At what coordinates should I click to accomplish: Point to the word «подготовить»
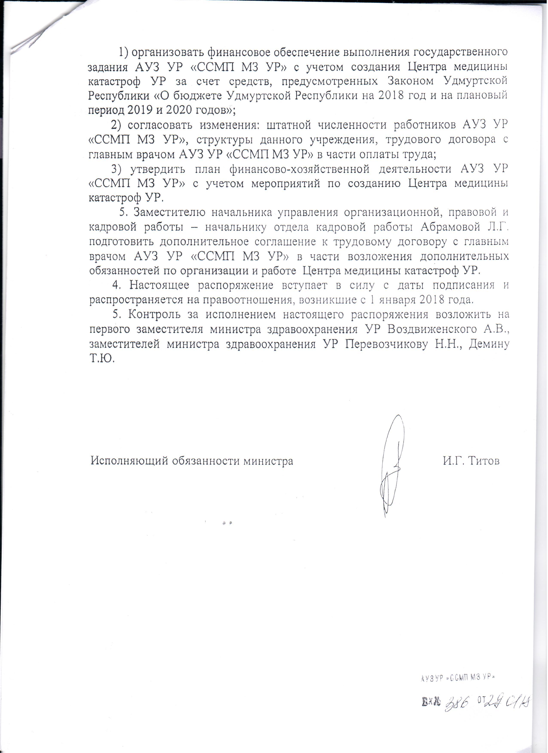click(121, 242)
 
